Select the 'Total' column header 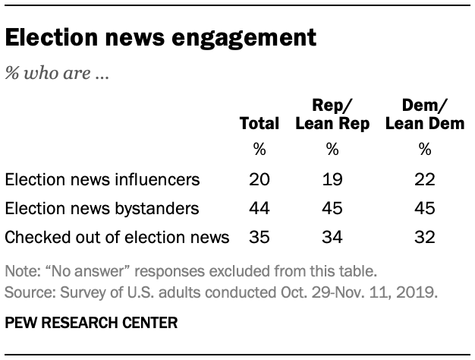click(x=260, y=124)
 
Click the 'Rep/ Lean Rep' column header click(x=332, y=115)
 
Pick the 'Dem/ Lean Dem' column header click(x=425, y=115)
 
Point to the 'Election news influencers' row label click(x=102, y=180)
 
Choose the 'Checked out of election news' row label click(x=117, y=238)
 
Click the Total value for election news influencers click(x=260, y=180)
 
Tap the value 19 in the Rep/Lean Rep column click(x=332, y=180)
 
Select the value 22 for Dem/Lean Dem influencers click(x=425, y=180)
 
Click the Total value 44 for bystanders click(x=260, y=209)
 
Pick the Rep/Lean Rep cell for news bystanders click(x=332, y=209)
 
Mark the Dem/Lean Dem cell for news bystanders click(x=425, y=209)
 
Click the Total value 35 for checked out click(x=260, y=238)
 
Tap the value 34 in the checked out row click(x=332, y=238)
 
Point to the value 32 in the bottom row click(x=425, y=238)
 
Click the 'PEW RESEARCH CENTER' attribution click(x=90, y=323)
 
